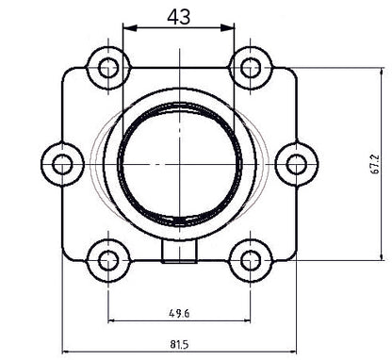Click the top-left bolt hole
[106, 67]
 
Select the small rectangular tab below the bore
[179, 250]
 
